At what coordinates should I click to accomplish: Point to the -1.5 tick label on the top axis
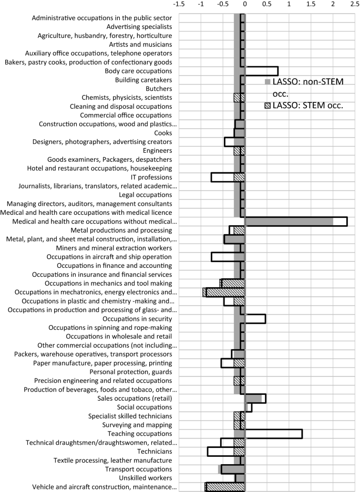(179, 4)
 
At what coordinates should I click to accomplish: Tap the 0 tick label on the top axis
(245, 4)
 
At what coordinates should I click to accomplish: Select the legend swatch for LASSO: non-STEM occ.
(268, 82)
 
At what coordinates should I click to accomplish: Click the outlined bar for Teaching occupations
(273, 434)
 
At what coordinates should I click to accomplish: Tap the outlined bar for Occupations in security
(255, 319)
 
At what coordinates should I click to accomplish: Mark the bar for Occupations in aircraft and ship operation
(228, 257)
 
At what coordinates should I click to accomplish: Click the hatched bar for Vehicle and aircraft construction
(225, 487)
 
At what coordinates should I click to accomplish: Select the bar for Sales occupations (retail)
(255, 399)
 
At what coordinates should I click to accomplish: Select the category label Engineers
(157, 151)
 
